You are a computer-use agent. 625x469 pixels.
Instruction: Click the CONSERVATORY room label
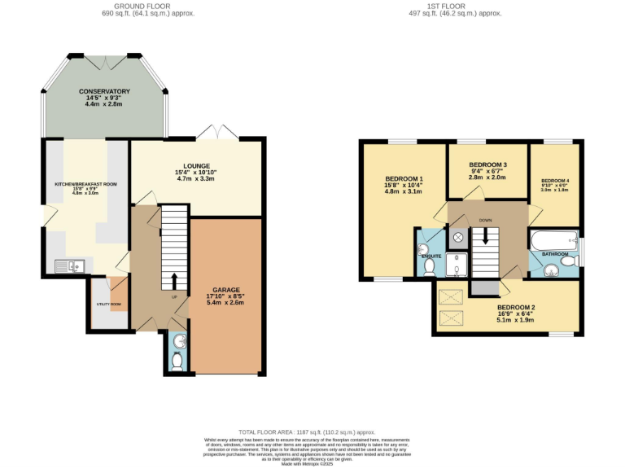tap(104, 91)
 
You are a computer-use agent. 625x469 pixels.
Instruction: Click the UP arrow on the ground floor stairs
tap(173, 281)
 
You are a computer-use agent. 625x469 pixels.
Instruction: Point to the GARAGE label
tap(225, 289)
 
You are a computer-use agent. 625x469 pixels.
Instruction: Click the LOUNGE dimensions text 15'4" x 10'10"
tap(197, 171)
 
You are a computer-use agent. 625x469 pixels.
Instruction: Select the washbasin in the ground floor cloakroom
tap(179, 340)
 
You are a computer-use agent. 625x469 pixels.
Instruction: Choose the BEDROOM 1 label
tap(404, 178)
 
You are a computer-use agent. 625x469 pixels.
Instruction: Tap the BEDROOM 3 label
tap(487, 164)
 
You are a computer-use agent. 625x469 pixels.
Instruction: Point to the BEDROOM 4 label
tap(556, 180)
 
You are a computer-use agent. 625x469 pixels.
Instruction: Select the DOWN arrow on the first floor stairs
tap(485, 236)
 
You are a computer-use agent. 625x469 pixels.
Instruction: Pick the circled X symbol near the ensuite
tap(457, 237)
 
